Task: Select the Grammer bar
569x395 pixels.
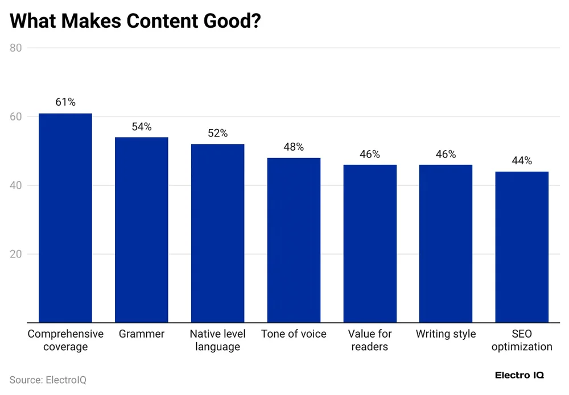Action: coord(142,230)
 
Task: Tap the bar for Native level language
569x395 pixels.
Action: coord(217,233)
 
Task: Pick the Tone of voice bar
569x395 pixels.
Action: coord(294,240)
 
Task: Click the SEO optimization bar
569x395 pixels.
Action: coord(522,247)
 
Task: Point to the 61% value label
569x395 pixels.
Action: coord(65,102)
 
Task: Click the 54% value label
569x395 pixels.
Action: coord(142,127)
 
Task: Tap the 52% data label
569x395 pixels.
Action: coord(217,134)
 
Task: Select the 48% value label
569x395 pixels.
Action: coord(294,147)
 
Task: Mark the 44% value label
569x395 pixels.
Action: coord(522,161)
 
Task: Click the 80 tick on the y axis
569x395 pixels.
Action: coord(16,48)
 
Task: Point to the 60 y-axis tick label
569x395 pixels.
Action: coord(16,117)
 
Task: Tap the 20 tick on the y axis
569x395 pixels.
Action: coord(16,254)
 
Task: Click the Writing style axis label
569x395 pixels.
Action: coord(446,334)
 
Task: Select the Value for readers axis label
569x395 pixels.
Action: coord(370,340)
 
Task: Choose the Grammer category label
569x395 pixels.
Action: coord(142,334)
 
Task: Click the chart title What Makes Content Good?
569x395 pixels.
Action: coord(135,21)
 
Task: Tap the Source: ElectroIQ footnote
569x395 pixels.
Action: coord(48,380)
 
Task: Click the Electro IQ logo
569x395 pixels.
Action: coord(519,376)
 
